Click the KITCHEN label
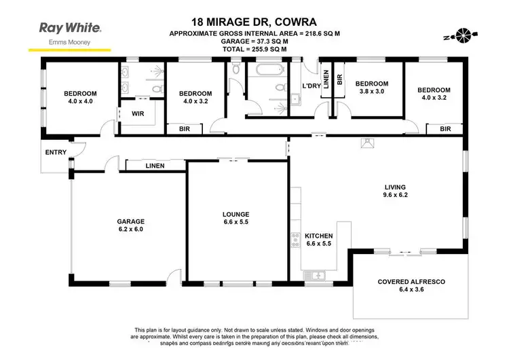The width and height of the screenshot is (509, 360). click(317, 238)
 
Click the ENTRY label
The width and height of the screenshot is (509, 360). click(56, 152)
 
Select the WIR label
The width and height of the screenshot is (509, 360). click(138, 113)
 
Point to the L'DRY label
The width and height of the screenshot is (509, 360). click(311, 86)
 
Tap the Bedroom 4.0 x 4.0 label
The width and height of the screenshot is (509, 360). click(81, 98)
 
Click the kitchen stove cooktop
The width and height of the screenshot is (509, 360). click(296, 240)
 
